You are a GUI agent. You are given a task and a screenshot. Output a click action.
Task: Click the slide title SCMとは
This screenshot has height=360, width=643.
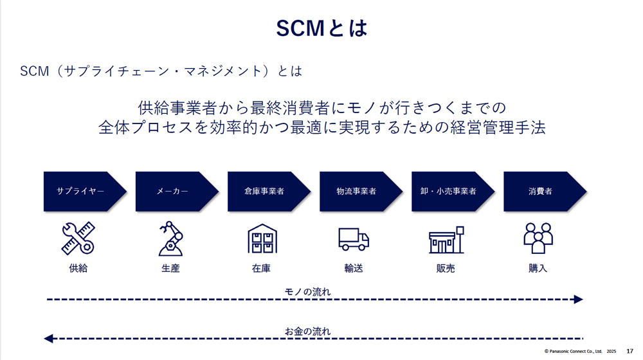[x=321, y=28]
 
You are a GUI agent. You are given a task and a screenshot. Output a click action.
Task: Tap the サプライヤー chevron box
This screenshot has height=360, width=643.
[x=85, y=192]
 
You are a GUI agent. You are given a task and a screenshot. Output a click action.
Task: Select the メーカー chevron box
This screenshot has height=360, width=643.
[x=177, y=192]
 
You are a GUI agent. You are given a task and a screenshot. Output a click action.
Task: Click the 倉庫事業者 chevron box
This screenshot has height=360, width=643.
[x=269, y=192]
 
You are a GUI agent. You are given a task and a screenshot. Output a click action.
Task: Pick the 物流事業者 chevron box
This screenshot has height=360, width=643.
[x=361, y=192]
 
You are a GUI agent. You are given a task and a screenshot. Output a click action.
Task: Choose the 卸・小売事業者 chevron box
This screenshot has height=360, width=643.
[x=453, y=192]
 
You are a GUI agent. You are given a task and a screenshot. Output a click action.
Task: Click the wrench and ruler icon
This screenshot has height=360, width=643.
[x=78, y=239]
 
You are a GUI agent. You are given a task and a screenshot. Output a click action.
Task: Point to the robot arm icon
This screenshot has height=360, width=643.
[x=170, y=239]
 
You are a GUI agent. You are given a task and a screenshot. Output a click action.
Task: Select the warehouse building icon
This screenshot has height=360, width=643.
[x=262, y=239]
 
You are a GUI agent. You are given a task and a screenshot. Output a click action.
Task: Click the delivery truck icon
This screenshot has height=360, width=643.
[x=354, y=239]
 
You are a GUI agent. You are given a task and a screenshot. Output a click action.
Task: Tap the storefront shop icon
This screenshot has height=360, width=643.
[x=446, y=240]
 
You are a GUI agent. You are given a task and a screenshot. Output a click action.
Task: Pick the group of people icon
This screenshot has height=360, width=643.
[x=538, y=239]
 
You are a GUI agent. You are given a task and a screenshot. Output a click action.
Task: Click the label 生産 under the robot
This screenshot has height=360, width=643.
[x=170, y=268]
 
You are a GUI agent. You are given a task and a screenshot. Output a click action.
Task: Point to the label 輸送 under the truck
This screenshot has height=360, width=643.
[x=354, y=268]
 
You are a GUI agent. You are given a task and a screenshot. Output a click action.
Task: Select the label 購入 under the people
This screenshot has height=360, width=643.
[x=538, y=268]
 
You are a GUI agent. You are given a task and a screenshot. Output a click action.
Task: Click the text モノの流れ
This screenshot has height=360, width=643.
[x=307, y=292]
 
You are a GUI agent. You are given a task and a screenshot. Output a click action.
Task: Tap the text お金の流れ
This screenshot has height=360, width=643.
[x=307, y=331]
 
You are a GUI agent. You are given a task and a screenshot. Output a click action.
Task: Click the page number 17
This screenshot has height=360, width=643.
[x=630, y=352]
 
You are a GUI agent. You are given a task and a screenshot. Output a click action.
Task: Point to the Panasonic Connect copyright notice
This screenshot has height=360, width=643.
[x=580, y=352]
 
